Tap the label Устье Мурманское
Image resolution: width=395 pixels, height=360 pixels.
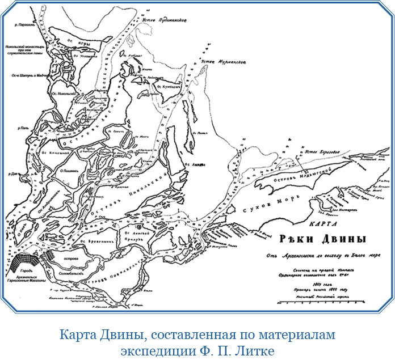[224, 61]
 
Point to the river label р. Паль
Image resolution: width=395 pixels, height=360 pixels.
[24, 129]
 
